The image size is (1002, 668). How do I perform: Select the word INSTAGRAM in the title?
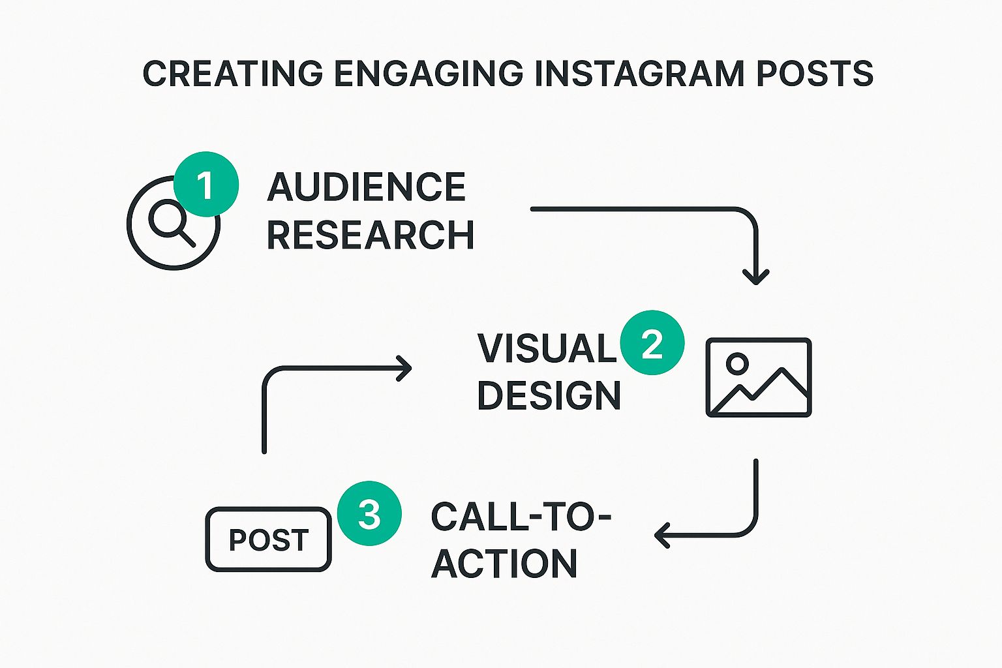click(x=639, y=73)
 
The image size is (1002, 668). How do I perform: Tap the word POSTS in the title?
click(x=815, y=73)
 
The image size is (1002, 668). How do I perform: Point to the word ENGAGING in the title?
click(x=429, y=73)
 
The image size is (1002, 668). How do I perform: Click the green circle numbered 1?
click(x=205, y=185)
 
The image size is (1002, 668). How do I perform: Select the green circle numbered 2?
click(x=652, y=343)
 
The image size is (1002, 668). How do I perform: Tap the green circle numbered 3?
click(x=369, y=514)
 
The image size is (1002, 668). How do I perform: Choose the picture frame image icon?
click(x=759, y=377)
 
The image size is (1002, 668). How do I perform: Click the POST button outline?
click(x=269, y=539)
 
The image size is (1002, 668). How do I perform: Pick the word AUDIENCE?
click(x=367, y=187)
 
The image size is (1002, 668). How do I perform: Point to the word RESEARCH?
click(x=371, y=235)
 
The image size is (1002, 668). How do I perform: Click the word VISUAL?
click(x=547, y=348)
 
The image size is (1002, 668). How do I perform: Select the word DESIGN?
click(x=549, y=395)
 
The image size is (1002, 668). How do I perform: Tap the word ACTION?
click(x=504, y=564)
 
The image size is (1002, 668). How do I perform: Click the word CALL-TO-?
click(x=521, y=517)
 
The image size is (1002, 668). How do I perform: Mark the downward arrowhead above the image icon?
click(x=756, y=277)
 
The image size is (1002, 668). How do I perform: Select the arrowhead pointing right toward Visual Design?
click(x=405, y=368)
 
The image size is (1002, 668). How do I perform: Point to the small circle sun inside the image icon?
click(x=738, y=363)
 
